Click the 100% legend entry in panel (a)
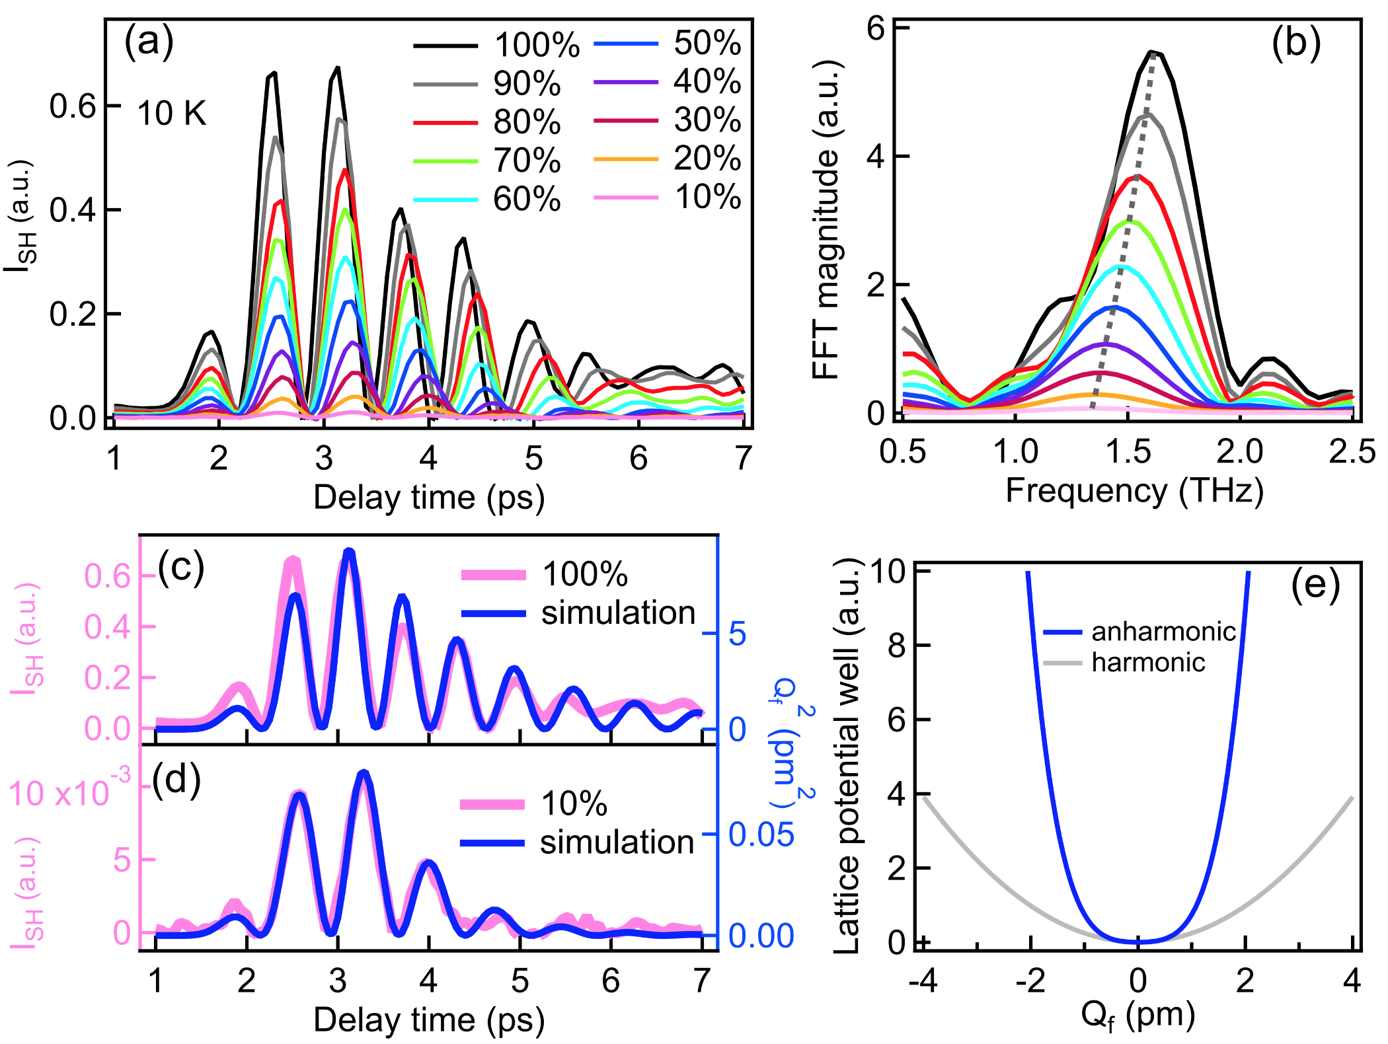click(x=537, y=46)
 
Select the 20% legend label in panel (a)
click(x=707, y=159)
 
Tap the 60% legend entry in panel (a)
click(x=527, y=199)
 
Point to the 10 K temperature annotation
click(x=172, y=114)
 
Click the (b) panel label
click(x=1295, y=43)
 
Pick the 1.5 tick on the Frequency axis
click(x=1128, y=452)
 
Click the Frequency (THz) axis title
click(x=1134, y=492)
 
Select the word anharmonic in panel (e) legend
click(x=1163, y=632)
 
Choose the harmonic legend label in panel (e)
click(x=1148, y=662)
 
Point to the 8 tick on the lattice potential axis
click(x=896, y=646)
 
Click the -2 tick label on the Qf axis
click(x=1030, y=981)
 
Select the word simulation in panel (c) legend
click(x=618, y=613)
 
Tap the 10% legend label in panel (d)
click(x=574, y=804)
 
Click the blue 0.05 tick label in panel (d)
click(x=761, y=835)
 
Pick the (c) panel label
click(x=181, y=567)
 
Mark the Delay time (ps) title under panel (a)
click(x=429, y=498)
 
